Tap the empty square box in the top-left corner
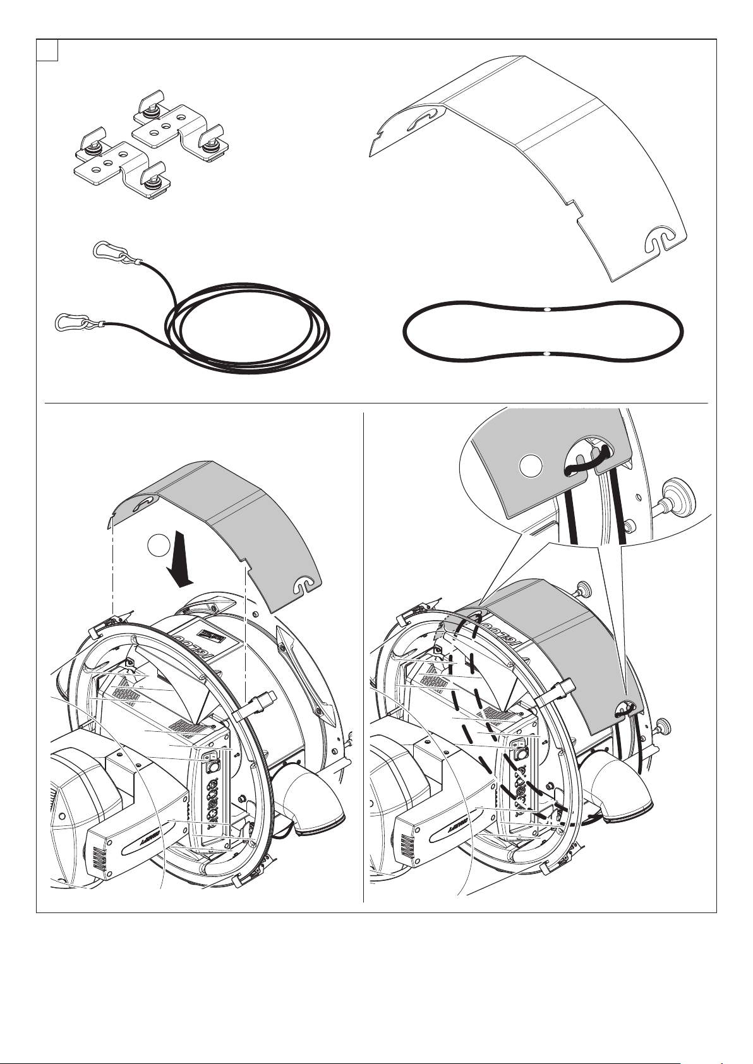[x=47, y=51]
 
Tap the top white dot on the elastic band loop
[x=547, y=309]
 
